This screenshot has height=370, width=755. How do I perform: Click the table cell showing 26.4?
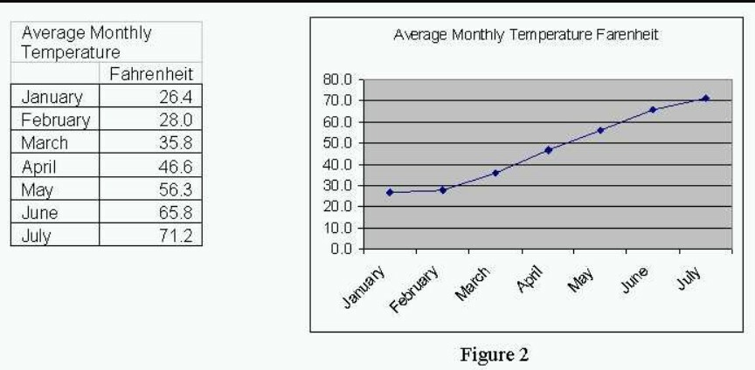[176, 96]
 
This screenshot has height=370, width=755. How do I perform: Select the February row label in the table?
[53, 120]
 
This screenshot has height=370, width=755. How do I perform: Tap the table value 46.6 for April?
[176, 166]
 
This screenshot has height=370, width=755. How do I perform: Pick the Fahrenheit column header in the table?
[150, 73]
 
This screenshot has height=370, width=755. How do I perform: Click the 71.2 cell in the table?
[176, 236]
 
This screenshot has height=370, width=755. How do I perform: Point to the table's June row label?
[40, 212]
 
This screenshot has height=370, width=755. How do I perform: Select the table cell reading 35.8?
[176, 143]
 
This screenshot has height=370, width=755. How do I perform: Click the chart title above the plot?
[525, 36]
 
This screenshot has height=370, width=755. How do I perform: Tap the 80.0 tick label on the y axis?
[338, 79]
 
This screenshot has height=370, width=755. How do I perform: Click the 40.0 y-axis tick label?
[338, 164]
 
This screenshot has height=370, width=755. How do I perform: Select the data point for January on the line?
[390, 192]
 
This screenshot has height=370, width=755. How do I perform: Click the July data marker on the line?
[705, 98]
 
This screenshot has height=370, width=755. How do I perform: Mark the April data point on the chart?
[548, 150]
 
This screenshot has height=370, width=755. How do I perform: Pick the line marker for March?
[495, 173]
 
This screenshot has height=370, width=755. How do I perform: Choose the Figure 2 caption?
[496, 355]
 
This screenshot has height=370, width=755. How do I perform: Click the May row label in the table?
[37, 189]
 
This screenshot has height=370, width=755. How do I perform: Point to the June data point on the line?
[653, 110]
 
